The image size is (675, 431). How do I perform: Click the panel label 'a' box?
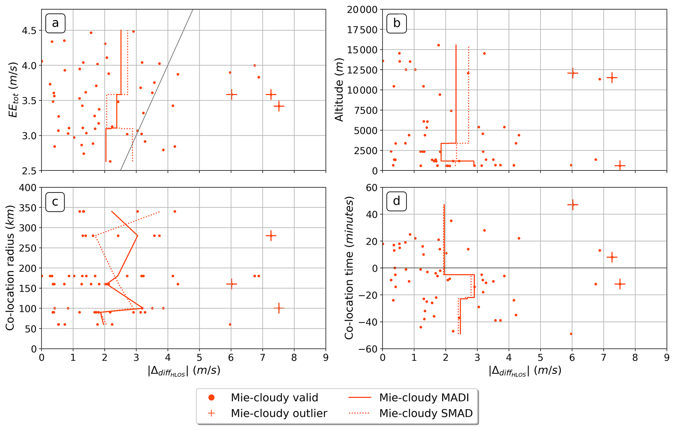click(55, 23)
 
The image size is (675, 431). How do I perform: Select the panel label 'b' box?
click(396, 23)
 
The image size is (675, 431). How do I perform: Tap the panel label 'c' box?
click(55, 202)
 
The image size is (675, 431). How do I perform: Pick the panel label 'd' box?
click(396, 201)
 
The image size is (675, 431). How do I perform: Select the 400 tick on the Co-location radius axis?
click(29, 188)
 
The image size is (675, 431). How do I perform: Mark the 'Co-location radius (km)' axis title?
click(10, 268)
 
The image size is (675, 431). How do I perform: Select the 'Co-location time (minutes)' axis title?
click(349, 268)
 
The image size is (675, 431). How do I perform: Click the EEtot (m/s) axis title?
click(13, 90)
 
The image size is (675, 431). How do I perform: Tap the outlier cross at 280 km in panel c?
click(271, 236)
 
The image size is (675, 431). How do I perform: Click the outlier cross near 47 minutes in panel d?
click(572, 205)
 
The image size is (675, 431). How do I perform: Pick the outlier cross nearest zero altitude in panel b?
click(620, 166)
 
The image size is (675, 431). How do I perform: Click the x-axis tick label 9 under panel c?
click(325, 358)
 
